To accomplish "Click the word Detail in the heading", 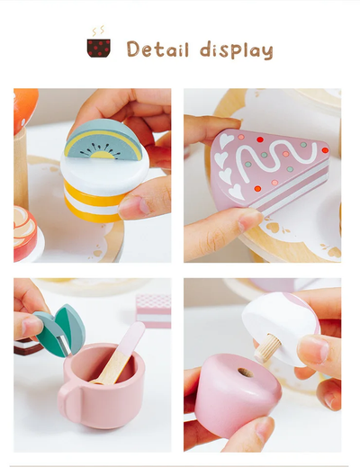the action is click(157, 49).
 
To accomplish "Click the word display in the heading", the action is click(237, 50).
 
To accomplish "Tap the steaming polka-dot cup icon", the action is click(99, 42).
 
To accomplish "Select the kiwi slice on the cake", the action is click(103, 139).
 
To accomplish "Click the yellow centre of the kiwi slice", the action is click(103, 155).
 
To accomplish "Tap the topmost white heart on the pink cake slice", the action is click(227, 140).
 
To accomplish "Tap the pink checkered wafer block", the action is click(153, 311).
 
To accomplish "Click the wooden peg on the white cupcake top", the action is click(267, 348).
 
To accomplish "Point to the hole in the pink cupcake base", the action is click(246, 373).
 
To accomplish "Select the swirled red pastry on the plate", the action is click(24, 233).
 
